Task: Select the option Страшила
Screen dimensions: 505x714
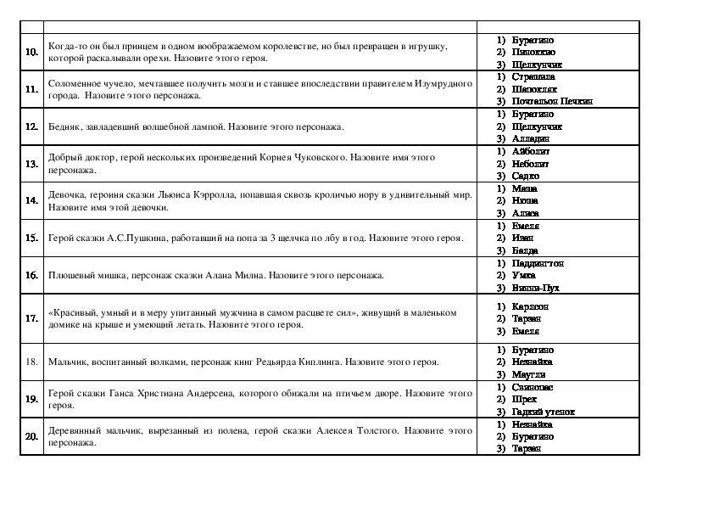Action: tap(533, 76)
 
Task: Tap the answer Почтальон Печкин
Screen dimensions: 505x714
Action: tap(552, 101)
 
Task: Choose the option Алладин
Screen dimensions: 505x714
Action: tap(531, 138)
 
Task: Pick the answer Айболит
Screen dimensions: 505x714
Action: tap(532, 151)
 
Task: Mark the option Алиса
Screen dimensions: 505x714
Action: tap(526, 213)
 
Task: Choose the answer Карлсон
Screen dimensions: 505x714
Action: tap(531, 306)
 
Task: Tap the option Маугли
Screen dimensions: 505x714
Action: tap(529, 374)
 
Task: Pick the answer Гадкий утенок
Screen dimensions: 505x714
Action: tap(544, 412)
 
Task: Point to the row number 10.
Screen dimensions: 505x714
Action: tap(31, 52)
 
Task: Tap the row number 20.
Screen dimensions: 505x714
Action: tap(31, 436)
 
